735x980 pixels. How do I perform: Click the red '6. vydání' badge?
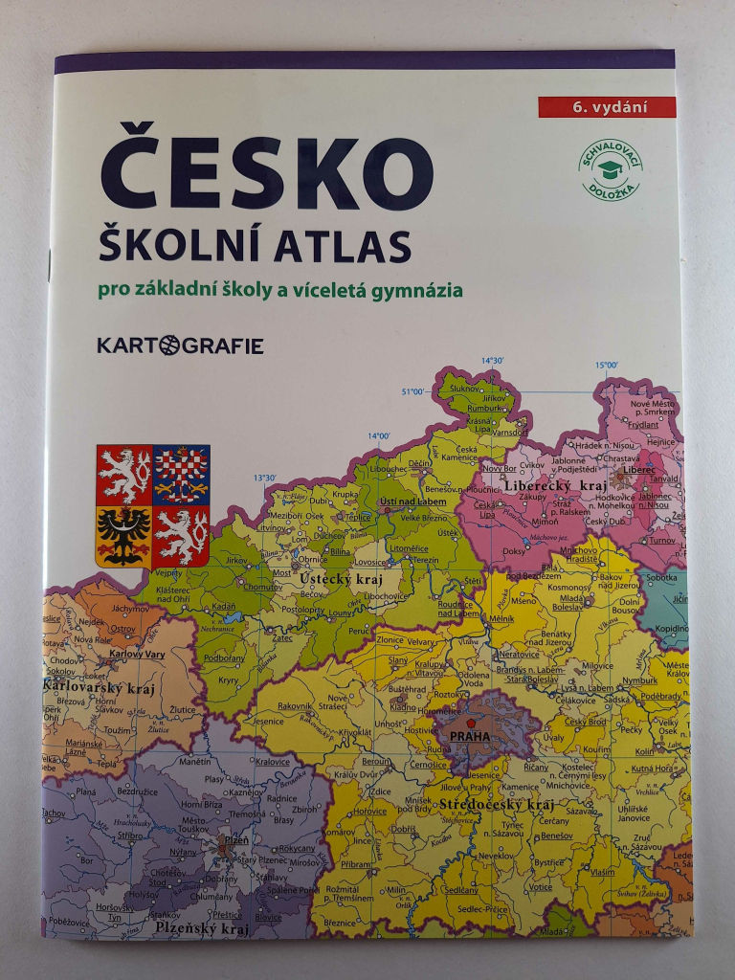pos(606,107)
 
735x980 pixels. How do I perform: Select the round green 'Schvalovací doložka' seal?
pos(609,170)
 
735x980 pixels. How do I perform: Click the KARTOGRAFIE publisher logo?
pos(180,345)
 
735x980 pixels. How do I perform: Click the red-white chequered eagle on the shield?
pos(181,475)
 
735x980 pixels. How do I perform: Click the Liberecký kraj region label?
pos(544,486)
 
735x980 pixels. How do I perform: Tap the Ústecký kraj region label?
pos(341,580)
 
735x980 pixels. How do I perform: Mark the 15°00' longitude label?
pos(606,365)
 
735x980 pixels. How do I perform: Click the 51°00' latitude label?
pos(412,391)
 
